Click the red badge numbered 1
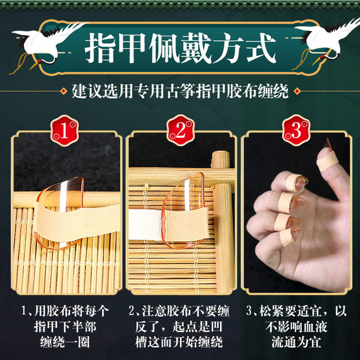pyautogui.click(x=65, y=130)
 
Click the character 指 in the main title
pyautogui.click(x=100, y=48)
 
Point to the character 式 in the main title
pyautogui.click(x=261, y=48)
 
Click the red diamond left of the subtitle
pyautogui.click(x=64, y=91)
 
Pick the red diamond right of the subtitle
pyautogui.click(x=297, y=91)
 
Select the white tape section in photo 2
pyautogui.click(x=146, y=224)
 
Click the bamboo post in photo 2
pyautogui.click(x=223, y=220)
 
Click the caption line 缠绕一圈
pyautogui.click(x=65, y=342)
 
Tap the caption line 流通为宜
pyautogui.click(x=296, y=342)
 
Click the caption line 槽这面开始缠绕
pyautogui.click(x=179, y=342)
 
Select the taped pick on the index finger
pyautogui.click(x=296, y=183)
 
